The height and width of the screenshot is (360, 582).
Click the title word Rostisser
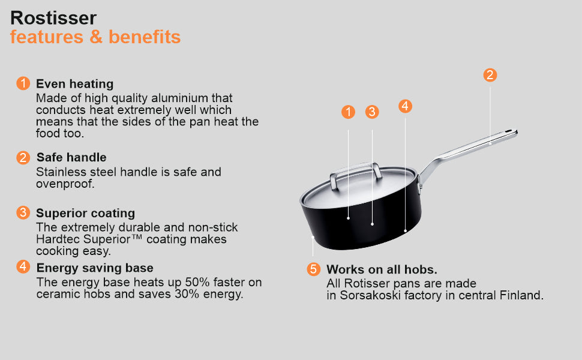click(53, 18)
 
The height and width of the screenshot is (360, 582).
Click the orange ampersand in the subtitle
click(96, 37)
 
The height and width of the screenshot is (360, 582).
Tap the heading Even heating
click(74, 84)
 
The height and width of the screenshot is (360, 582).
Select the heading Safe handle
click(71, 157)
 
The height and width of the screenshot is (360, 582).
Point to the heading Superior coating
click(85, 213)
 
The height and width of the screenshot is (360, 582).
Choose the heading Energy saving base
click(95, 268)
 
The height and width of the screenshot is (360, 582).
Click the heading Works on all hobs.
click(382, 269)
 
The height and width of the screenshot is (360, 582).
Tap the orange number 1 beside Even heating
click(23, 83)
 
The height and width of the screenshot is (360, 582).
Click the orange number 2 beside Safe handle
click(23, 157)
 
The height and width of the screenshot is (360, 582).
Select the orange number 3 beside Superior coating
click(23, 212)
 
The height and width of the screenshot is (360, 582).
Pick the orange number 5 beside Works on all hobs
click(314, 269)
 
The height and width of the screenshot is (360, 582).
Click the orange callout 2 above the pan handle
click(490, 75)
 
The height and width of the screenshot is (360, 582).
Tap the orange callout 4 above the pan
click(406, 106)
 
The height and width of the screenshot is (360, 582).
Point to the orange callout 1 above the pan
click(348, 112)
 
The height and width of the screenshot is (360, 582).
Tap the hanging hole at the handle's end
click(508, 131)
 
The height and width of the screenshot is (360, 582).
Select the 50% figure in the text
click(197, 282)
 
